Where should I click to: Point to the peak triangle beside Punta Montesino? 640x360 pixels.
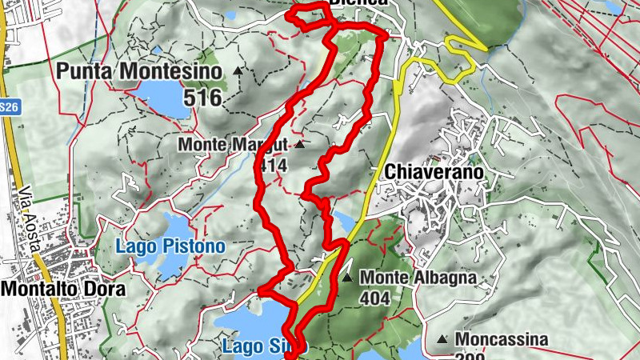tap(238, 71)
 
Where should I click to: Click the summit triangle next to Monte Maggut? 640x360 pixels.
tap(299, 145)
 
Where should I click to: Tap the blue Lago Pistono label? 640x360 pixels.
tap(170, 246)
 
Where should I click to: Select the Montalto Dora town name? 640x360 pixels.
tap(63, 289)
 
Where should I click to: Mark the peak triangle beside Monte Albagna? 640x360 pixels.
tap(347, 278)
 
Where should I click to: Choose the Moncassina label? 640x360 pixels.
tap(503, 339)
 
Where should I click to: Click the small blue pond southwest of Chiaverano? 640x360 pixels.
tap(342, 222)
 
